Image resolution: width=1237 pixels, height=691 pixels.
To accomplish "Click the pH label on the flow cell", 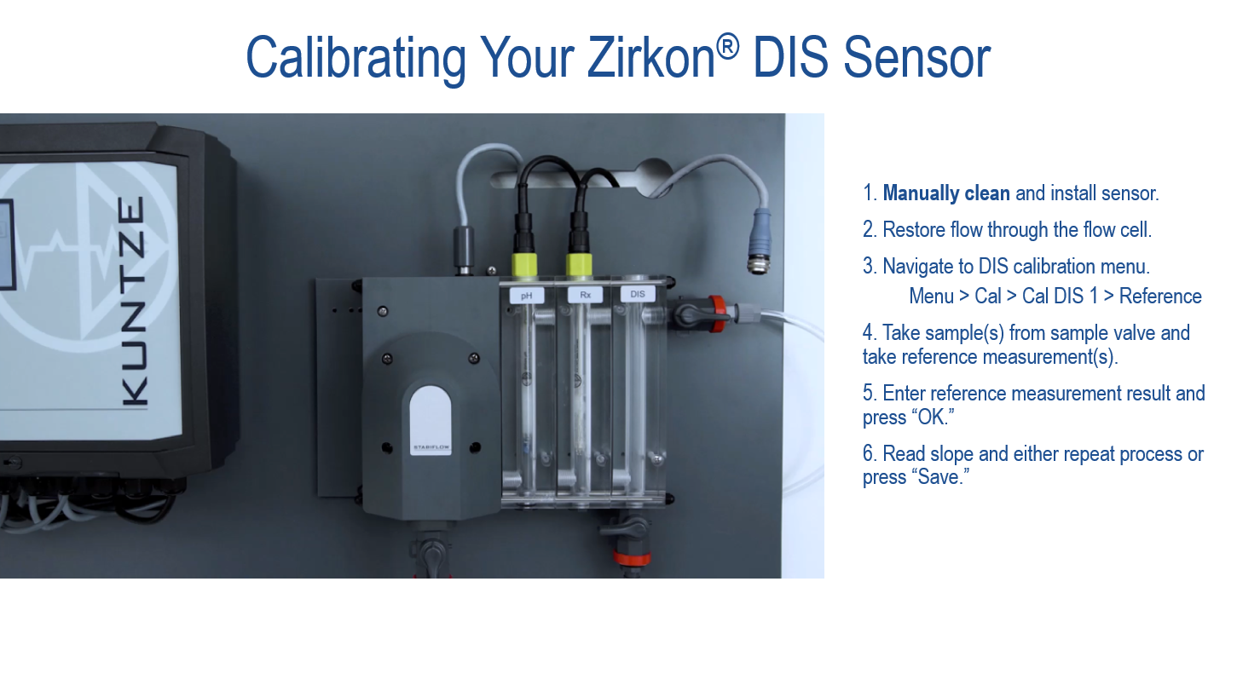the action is pyautogui.click(x=526, y=296).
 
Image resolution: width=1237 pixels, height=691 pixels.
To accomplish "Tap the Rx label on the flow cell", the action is pyautogui.click(x=586, y=295).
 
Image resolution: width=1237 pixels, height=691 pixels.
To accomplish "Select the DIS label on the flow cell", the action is pyautogui.click(x=638, y=294).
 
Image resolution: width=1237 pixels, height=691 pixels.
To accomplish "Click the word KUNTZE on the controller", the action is pyautogui.click(x=134, y=302).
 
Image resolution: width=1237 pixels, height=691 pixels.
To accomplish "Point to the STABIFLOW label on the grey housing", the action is pyautogui.click(x=431, y=447).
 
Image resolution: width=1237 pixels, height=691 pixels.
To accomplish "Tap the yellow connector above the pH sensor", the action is pyautogui.click(x=524, y=265).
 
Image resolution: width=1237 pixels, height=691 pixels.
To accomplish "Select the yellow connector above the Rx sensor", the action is pyautogui.click(x=579, y=265).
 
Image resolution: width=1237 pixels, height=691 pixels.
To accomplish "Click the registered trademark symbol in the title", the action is pyautogui.click(x=728, y=46).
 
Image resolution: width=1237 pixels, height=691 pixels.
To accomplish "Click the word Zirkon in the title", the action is pyautogui.click(x=651, y=57).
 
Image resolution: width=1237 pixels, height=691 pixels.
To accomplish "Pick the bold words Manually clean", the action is pyautogui.click(x=946, y=193).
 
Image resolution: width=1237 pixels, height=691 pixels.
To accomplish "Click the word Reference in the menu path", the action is pyautogui.click(x=1160, y=297).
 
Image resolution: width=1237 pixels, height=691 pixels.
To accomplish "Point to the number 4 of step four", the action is pyautogui.click(x=867, y=333).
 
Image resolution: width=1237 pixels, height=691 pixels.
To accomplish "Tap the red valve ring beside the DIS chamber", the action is pyautogui.click(x=717, y=314).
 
